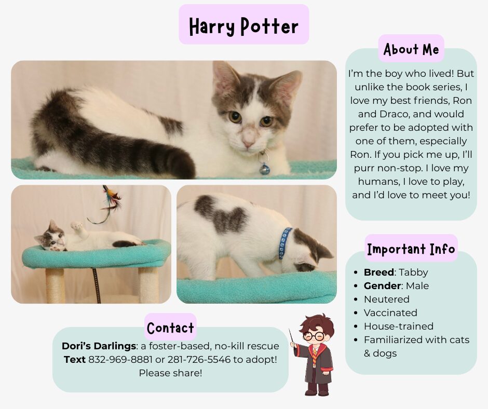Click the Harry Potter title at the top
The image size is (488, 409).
tap(243, 26)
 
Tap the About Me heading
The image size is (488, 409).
tap(411, 49)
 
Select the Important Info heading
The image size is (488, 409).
tap(411, 249)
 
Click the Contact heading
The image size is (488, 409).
tap(170, 328)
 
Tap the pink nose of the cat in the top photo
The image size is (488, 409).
tap(248, 143)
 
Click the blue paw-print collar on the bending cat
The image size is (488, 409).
tap(285, 243)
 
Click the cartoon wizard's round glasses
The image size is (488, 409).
tap(314, 336)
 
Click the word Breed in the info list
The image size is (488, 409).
tap(379, 272)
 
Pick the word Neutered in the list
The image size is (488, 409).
tap(387, 299)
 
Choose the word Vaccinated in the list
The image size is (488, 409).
tap(390, 313)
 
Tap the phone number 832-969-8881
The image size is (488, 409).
tap(120, 360)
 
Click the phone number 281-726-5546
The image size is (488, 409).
tap(199, 360)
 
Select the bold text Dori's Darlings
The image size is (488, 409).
tap(99, 346)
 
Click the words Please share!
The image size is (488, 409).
tap(171, 373)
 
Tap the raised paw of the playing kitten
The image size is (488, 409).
tap(76, 225)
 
